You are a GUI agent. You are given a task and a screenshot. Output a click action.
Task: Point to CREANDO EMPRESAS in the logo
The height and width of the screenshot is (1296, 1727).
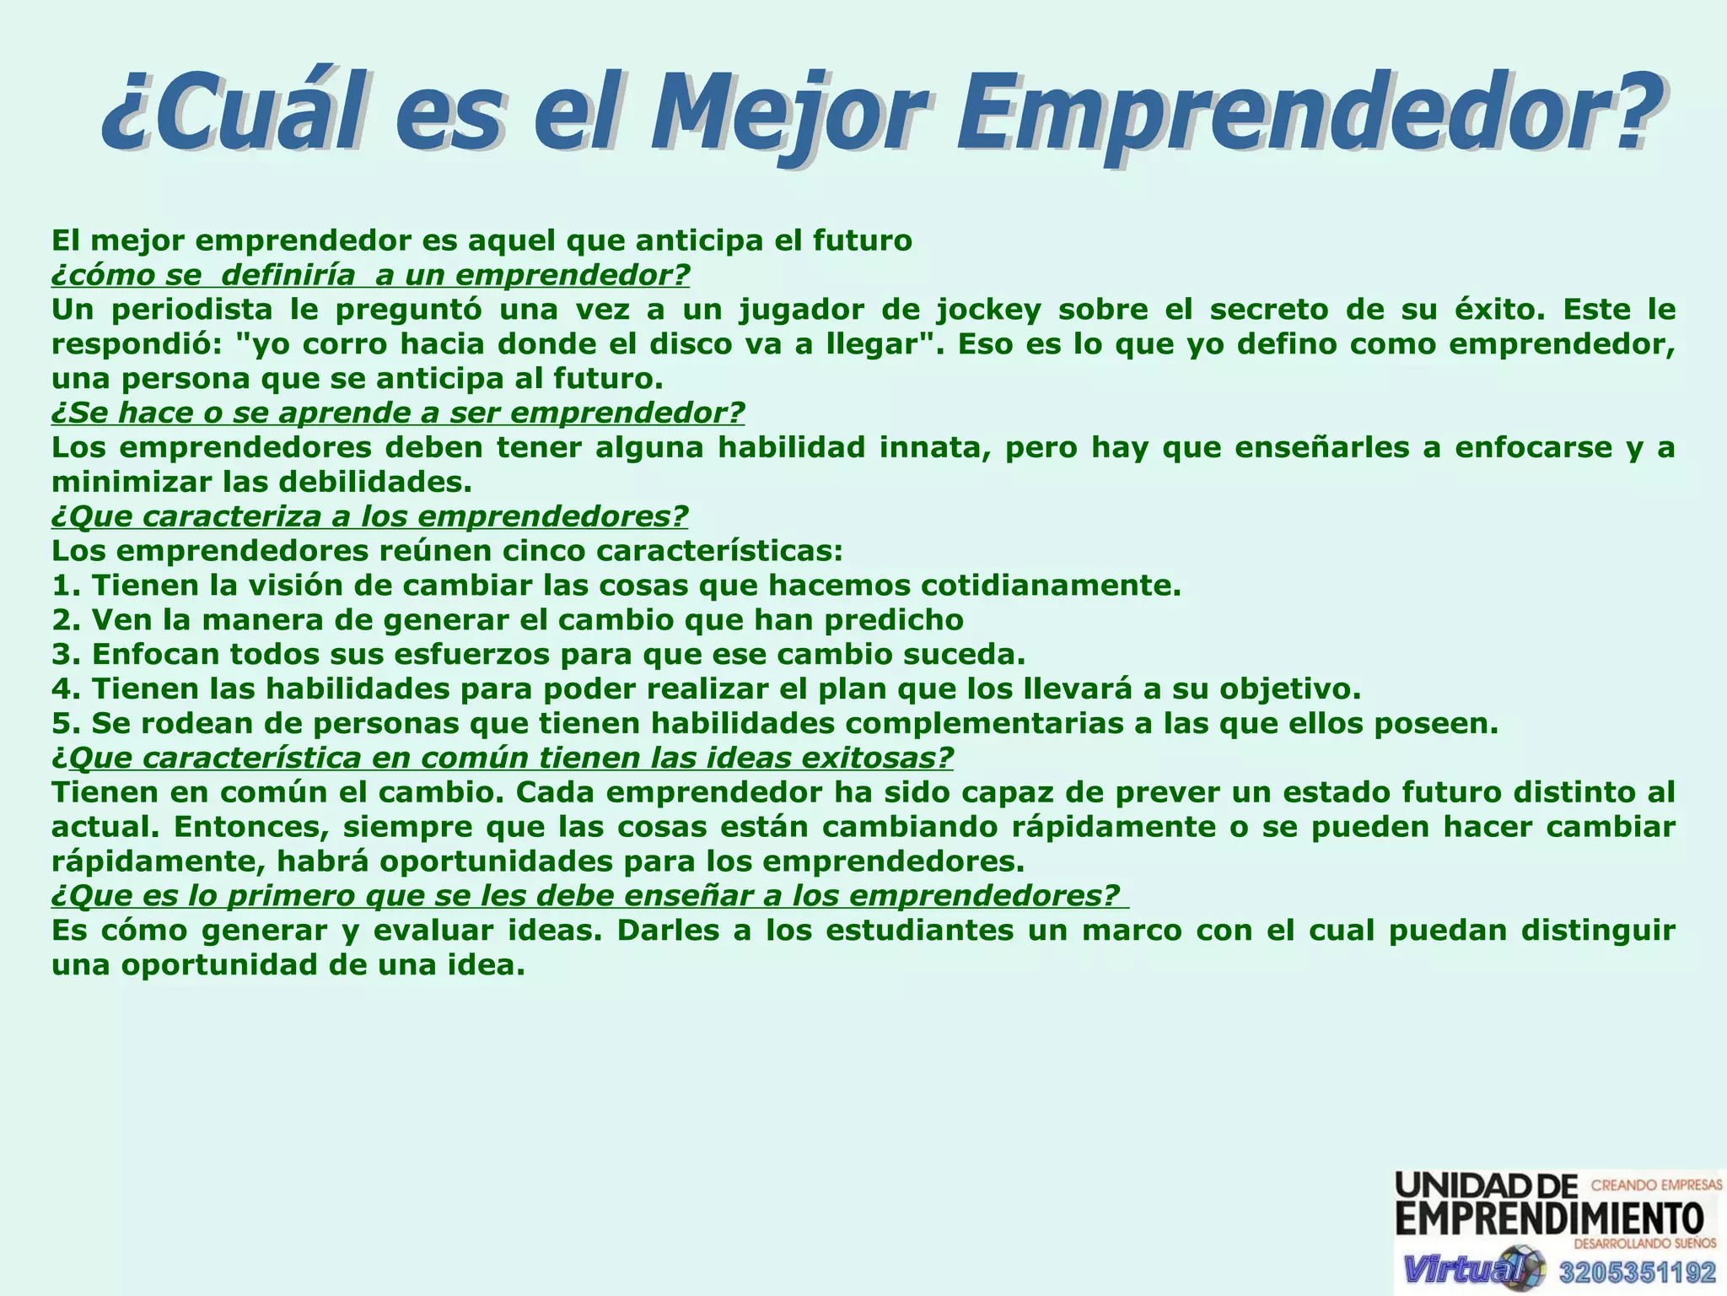(x=1655, y=1185)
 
